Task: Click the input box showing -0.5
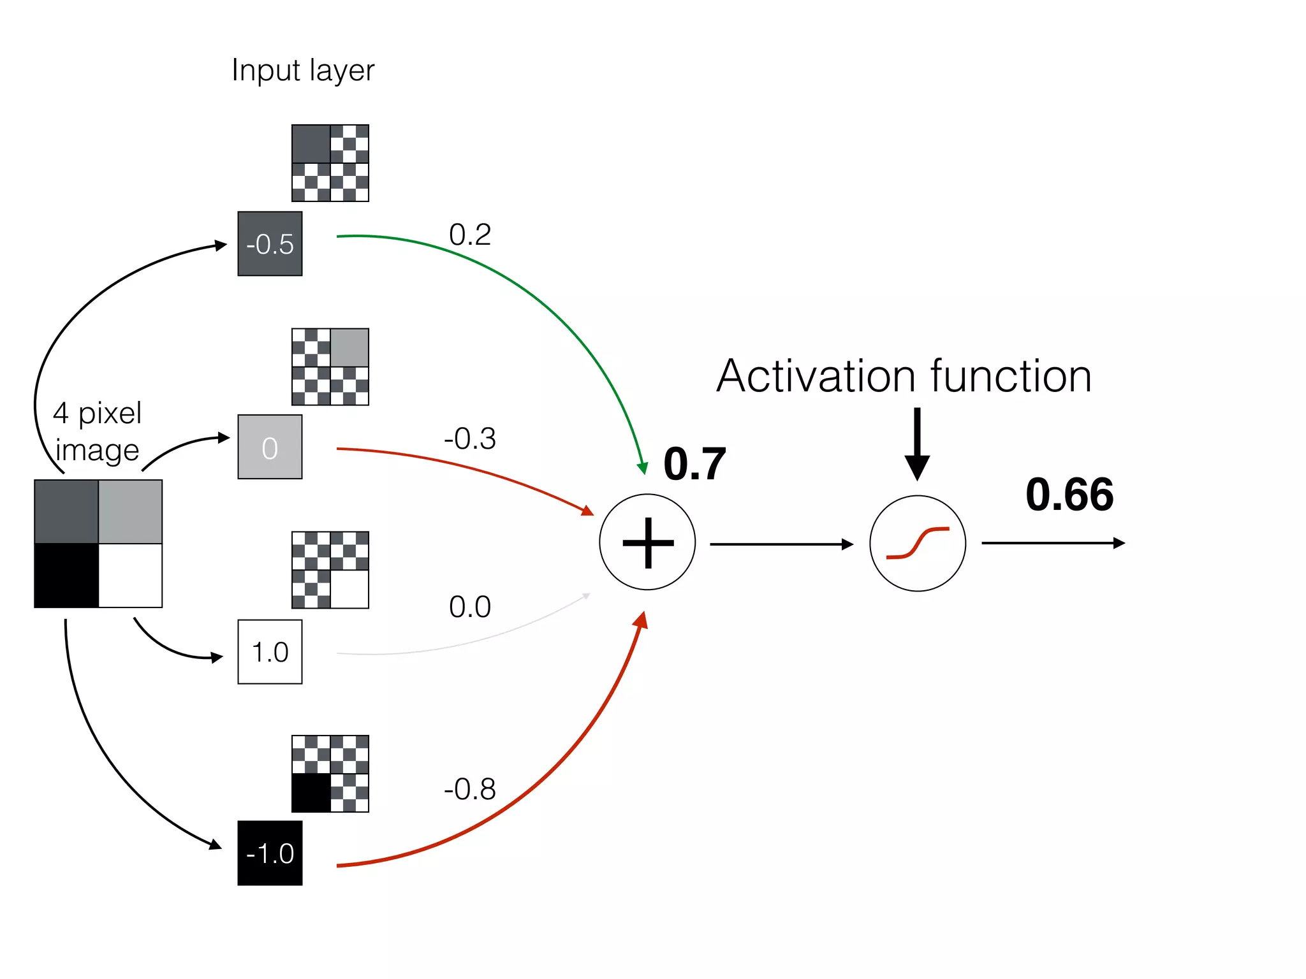[270, 243]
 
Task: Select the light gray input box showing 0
[270, 447]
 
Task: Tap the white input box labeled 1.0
[270, 651]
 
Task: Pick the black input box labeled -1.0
[270, 853]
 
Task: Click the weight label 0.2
[470, 235]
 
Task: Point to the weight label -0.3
[470, 439]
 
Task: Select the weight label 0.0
[470, 607]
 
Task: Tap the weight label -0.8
[470, 789]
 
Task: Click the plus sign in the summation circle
[648, 542]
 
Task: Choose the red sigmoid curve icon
[918, 543]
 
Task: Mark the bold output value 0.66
[1069, 495]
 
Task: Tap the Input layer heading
[303, 70]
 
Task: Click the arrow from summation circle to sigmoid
[781, 544]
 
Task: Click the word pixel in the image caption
[110, 414]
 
